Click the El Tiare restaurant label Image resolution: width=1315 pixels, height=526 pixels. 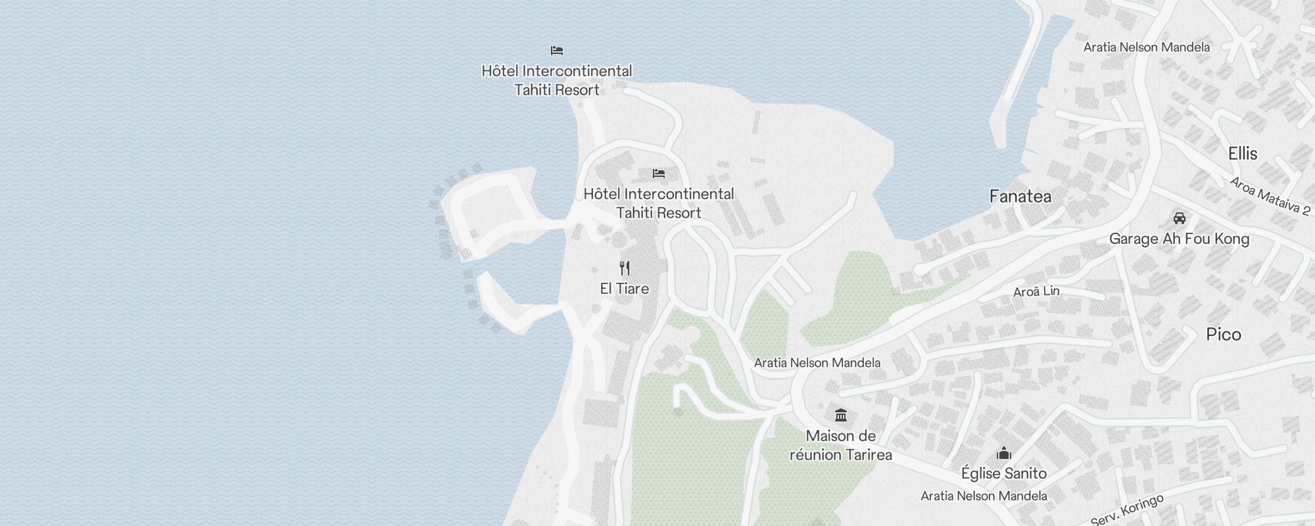tap(624, 289)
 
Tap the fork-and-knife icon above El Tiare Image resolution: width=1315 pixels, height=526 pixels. tap(625, 268)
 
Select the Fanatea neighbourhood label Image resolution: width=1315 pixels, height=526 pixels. tap(1020, 197)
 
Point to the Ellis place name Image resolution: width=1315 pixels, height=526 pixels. tap(1243, 154)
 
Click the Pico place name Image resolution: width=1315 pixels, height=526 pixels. tap(1223, 335)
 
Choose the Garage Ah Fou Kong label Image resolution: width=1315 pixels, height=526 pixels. tap(1179, 239)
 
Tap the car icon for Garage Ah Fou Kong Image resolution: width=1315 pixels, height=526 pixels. tap(1179, 218)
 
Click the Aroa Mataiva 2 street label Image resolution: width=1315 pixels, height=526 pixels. tap(1270, 196)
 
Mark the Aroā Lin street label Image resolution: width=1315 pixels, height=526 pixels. tap(1036, 291)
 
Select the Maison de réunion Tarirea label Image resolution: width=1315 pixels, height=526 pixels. tap(840, 445)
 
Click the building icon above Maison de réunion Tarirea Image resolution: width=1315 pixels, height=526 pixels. tap(840, 416)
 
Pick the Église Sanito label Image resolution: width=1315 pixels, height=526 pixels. tap(1003, 473)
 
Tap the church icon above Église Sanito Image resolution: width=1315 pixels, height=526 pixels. tap(1003, 453)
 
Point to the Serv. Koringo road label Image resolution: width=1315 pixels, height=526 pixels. tap(1127, 510)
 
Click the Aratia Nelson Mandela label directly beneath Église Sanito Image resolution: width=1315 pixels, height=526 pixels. tap(984, 496)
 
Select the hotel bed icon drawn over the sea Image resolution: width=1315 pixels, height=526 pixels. tap(557, 51)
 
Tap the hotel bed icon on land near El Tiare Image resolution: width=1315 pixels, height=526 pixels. tap(659, 174)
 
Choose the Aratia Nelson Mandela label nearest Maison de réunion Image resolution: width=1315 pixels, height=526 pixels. tap(817, 362)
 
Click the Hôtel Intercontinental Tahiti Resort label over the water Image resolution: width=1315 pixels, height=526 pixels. tap(557, 80)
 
